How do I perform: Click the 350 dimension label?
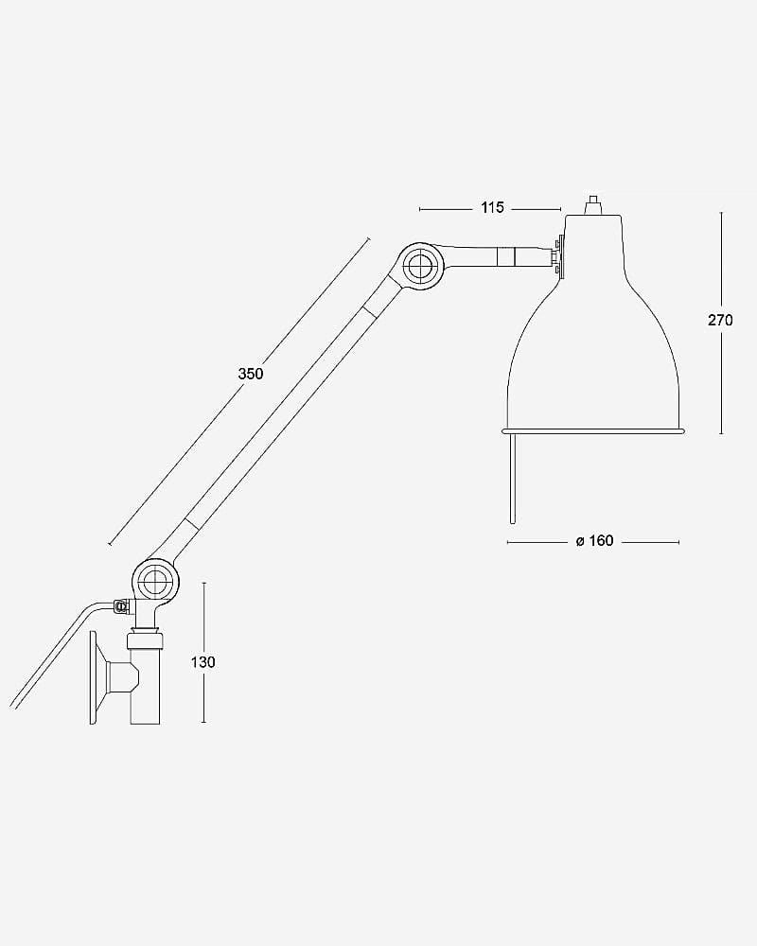251,374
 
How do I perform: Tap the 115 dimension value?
492,208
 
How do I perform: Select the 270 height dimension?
719,321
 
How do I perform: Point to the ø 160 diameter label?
594,541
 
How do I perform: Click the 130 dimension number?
202,662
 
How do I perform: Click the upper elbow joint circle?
420,266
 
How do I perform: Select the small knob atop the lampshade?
593,204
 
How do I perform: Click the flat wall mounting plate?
93,677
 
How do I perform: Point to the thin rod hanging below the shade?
512,478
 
